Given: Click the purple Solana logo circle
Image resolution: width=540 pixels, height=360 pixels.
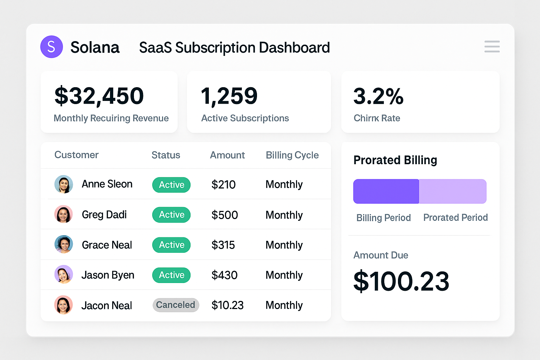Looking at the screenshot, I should coord(51,47).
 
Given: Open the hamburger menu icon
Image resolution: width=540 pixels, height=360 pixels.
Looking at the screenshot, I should coord(492,46).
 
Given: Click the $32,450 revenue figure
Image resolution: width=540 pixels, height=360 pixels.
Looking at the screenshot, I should coord(99,96).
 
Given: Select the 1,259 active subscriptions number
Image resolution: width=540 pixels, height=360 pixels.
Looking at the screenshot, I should coord(229,96).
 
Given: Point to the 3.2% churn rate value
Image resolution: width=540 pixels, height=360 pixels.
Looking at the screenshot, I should coord(378,96).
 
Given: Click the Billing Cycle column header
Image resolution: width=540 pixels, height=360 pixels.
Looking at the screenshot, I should coord(292,155).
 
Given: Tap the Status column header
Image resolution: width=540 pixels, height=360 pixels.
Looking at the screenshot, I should coord(166,155).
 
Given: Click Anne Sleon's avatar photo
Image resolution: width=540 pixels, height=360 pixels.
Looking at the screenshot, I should coord(64,184).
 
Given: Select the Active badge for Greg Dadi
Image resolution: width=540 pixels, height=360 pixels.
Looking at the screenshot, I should coord(171,215).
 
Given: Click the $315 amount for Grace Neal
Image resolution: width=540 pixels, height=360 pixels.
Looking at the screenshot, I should coord(223,245).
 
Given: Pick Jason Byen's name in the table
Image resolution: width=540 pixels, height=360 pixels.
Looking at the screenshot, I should coord(108,275).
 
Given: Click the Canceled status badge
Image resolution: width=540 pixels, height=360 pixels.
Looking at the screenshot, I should coord(176,305).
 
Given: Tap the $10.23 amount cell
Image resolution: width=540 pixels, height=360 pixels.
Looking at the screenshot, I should coord(227,305).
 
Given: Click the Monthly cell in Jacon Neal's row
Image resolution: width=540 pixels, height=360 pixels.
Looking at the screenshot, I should coord(284,305).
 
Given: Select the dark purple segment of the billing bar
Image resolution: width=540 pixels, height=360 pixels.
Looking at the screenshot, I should coord(386,191).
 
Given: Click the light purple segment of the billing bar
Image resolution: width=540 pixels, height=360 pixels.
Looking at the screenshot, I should coord(453,191).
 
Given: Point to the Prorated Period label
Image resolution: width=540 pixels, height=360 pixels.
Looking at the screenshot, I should coord(455,218).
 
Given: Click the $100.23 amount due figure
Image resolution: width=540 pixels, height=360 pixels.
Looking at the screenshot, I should coord(401,281).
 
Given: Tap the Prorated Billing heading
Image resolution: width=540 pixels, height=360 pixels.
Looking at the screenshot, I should coord(395,160).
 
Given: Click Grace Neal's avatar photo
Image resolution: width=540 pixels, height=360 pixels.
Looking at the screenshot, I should coord(64,244).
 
